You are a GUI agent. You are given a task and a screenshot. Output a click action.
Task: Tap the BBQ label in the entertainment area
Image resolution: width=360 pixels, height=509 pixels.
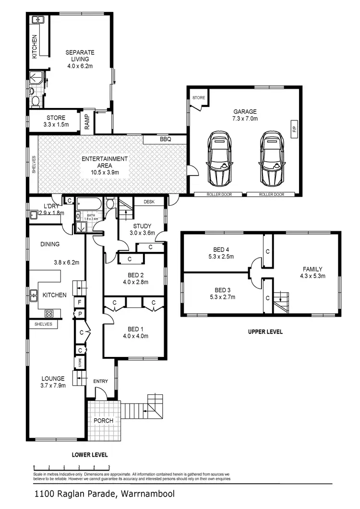pyautogui.click(x=166, y=140)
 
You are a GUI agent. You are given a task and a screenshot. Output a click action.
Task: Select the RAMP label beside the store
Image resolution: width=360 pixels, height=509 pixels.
pyautogui.click(x=87, y=122)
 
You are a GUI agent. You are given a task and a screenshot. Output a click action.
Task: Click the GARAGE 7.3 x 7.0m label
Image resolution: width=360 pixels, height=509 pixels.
pyautogui.click(x=245, y=115)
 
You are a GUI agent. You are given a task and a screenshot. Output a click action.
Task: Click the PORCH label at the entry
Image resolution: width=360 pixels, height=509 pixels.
pyautogui.click(x=103, y=421)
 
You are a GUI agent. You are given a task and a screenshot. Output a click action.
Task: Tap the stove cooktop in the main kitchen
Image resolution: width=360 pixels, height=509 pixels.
pyautogui.click(x=48, y=313)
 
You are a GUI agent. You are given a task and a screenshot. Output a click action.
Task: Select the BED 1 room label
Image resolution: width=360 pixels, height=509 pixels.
pyautogui.click(x=135, y=332)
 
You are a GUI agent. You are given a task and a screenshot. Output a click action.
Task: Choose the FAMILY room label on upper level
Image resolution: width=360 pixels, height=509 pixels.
pyautogui.click(x=312, y=272)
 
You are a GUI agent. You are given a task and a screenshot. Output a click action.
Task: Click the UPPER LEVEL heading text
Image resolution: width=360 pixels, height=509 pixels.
pyautogui.click(x=265, y=331)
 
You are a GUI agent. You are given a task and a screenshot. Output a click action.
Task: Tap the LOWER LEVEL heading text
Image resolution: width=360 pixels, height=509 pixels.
pyautogui.click(x=90, y=454)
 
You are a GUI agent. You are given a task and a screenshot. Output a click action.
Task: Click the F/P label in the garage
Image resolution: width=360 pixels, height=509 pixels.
pyautogui.click(x=294, y=129)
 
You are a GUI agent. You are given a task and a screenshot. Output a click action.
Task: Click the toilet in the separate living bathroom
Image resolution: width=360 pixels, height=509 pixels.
pyautogui.click(x=35, y=100)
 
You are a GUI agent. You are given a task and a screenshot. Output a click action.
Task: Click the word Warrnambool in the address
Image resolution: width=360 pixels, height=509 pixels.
pyautogui.click(x=148, y=493)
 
